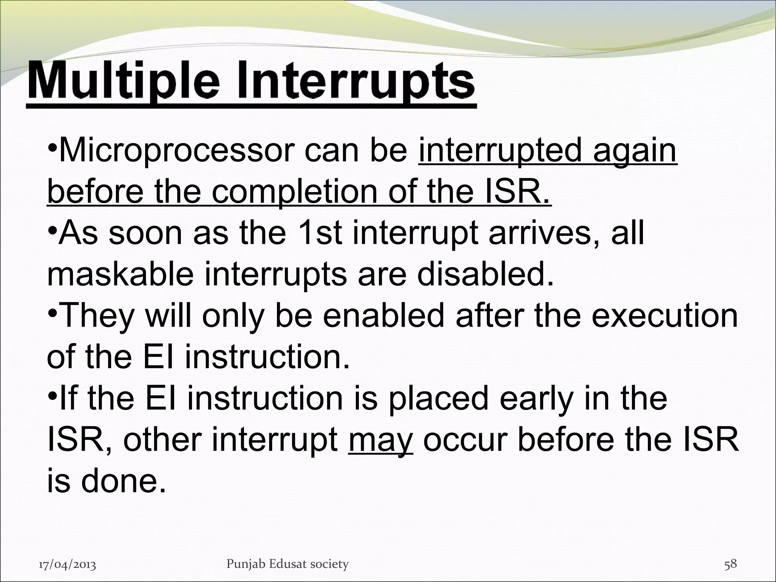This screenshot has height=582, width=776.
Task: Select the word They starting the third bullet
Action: pos(97,316)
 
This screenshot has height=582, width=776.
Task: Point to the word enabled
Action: pos(383,316)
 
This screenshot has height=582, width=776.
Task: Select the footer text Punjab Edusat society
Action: pos(287,564)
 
